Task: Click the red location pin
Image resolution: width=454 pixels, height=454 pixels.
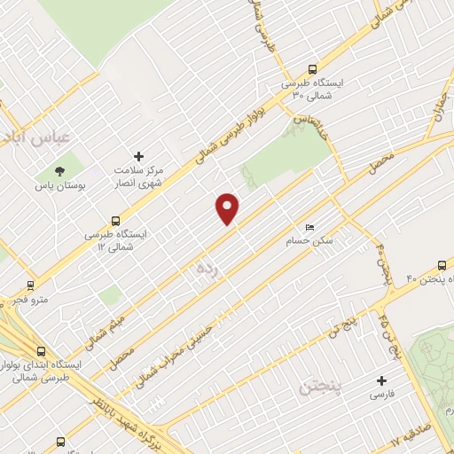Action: point(228,208)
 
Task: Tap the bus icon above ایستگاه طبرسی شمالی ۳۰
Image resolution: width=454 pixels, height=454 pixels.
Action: point(311,67)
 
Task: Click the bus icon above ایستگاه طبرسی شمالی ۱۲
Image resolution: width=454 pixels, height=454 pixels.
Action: point(116,221)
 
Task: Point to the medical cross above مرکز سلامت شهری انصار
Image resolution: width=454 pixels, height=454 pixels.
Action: point(137,155)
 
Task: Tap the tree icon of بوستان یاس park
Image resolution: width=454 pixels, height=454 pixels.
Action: point(59,170)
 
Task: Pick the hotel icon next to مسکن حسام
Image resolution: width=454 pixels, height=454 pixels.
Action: point(309,226)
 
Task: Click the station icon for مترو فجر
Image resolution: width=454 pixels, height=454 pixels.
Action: point(31,286)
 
